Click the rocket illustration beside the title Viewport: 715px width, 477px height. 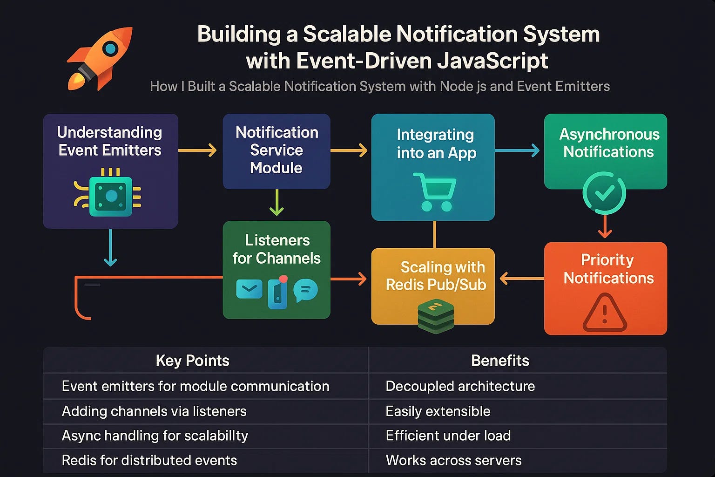tap(100, 58)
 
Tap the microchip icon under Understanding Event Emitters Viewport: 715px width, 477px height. tap(111, 196)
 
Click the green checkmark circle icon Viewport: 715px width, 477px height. tap(604, 193)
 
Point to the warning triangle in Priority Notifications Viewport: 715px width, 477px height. tap(605, 313)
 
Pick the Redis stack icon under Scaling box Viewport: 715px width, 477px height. tap(435, 316)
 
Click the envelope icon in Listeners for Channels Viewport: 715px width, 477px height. tap(249, 289)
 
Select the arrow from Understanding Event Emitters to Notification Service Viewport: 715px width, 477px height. tap(198, 150)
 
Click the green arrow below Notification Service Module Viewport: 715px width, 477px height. tap(277, 203)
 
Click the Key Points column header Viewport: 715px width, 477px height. tap(192, 361)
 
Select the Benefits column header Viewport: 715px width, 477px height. tap(500, 361)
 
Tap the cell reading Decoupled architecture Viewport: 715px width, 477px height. tap(460, 386)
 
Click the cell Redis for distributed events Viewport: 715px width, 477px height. tap(149, 460)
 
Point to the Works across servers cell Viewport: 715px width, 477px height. tap(453, 460)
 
